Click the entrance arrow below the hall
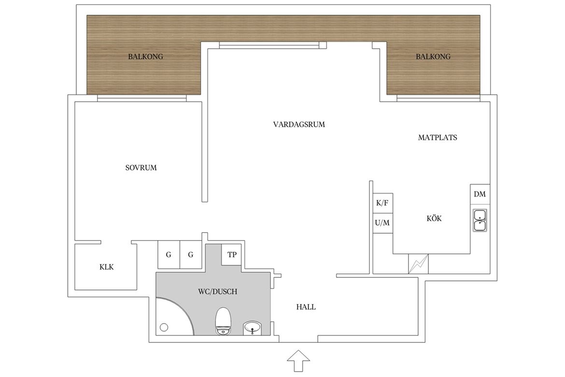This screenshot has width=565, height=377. pyautogui.click(x=298, y=361)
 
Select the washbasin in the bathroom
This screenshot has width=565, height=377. pyautogui.click(x=253, y=328)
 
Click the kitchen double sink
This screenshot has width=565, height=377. pyautogui.click(x=480, y=220)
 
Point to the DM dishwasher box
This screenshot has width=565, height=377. pyautogui.click(x=480, y=194)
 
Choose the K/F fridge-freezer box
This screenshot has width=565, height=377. pyautogui.click(x=382, y=203)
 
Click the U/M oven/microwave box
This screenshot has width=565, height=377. pyautogui.click(x=382, y=223)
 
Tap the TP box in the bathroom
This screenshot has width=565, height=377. pyautogui.click(x=232, y=255)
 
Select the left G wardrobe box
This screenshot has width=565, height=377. pyautogui.click(x=169, y=255)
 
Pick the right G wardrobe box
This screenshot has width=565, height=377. pyautogui.click(x=191, y=255)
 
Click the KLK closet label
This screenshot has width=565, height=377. pyautogui.click(x=107, y=267)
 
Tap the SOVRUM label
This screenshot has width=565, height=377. pyautogui.click(x=141, y=168)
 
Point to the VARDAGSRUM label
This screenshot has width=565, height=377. pyautogui.click(x=299, y=125)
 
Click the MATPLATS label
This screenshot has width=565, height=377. pyautogui.click(x=438, y=137)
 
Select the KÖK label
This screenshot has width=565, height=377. pyautogui.click(x=434, y=218)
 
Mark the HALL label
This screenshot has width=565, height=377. pyautogui.click(x=306, y=307)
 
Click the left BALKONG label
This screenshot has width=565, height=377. pyautogui.click(x=145, y=57)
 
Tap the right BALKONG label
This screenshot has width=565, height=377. pyautogui.click(x=433, y=57)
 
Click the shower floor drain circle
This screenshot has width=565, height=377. pyautogui.click(x=164, y=328)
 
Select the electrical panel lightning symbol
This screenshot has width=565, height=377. pyautogui.click(x=418, y=264)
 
